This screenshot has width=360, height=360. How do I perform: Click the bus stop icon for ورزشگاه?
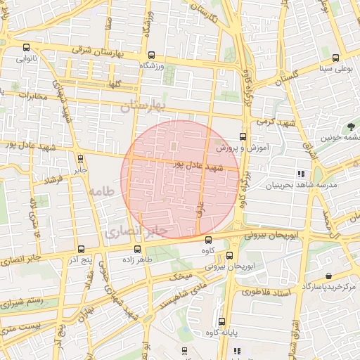tap(152, 55)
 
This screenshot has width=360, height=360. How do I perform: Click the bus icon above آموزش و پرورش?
tap(243, 136)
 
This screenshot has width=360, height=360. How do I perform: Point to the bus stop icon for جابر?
tap(79, 159)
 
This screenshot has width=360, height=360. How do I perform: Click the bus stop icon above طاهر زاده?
tap(136, 248)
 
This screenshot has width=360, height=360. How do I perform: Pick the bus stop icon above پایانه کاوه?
tap(221, 321)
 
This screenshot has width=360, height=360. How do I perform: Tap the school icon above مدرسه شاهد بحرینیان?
tap(301, 174)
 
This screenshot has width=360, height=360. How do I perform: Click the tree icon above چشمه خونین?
tap(349, 127)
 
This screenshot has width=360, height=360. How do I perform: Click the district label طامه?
tap(102, 191)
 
